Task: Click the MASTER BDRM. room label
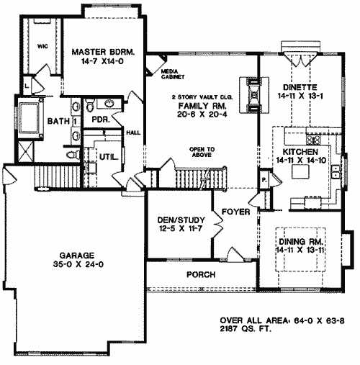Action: pyautogui.click(x=103, y=52)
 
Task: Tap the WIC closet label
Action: pyautogui.click(x=42, y=46)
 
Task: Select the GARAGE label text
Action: pyautogui.click(x=77, y=255)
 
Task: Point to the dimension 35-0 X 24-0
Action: pyautogui.click(x=78, y=264)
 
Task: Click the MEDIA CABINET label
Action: pyautogui.click(x=173, y=74)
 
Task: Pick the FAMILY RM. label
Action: pyautogui.click(x=202, y=106)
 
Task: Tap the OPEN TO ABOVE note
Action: pyautogui.click(x=202, y=152)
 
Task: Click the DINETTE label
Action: pyautogui.click(x=300, y=87)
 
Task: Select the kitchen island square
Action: pyautogui.click(x=300, y=172)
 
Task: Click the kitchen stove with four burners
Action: pyautogui.click(x=313, y=140)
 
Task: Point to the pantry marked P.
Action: pyautogui.click(x=264, y=179)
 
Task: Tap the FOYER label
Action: pyautogui.click(x=236, y=212)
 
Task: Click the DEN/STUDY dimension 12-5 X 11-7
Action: pyautogui.click(x=181, y=228)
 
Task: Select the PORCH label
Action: pyautogui.click(x=201, y=274)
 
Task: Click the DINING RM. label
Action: pyautogui.click(x=300, y=241)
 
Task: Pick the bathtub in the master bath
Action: pyautogui.click(x=30, y=117)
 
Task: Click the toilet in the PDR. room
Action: pyautogui.click(x=89, y=107)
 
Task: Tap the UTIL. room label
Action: pyautogui.click(x=109, y=158)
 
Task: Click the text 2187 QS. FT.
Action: pyautogui.click(x=246, y=329)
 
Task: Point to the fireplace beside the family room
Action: pyautogui.click(x=254, y=95)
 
